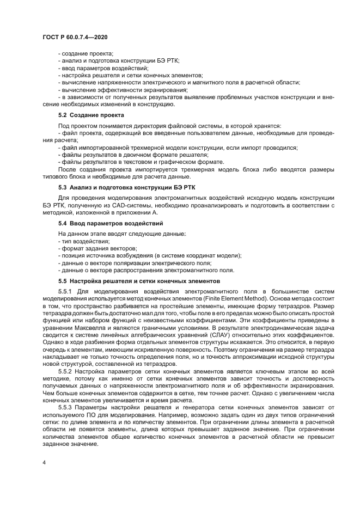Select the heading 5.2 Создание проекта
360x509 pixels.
[91, 115]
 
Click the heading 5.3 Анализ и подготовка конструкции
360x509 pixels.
[126, 187]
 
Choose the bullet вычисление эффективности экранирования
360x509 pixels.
[123, 89]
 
